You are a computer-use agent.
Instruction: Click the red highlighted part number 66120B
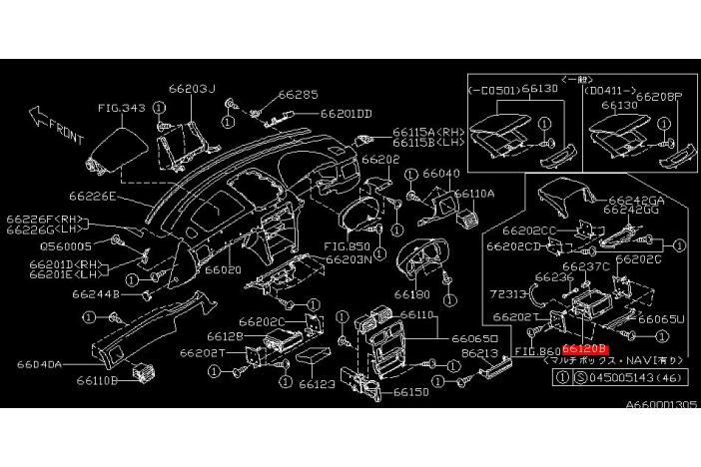click(x=584, y=350)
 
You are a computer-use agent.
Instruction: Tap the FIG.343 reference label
click(x=122, y=107)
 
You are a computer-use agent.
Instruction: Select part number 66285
click(x=298, y=95)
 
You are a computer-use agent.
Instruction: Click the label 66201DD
click(x=346, y=113)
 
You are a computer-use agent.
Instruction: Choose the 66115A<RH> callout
click(x=428, y=132)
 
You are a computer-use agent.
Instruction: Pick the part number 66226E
click(x=94, y=197)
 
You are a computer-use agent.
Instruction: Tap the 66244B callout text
click(x=95, y=294)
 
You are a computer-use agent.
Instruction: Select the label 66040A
click(x=40, y=364)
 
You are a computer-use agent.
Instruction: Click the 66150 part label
click(x=411, y=391)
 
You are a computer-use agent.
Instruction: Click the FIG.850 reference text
click(x=348, y=245)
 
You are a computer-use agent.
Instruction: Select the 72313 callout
click(x=508, y=295)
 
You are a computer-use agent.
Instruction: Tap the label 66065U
click(x=662, y=319)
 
